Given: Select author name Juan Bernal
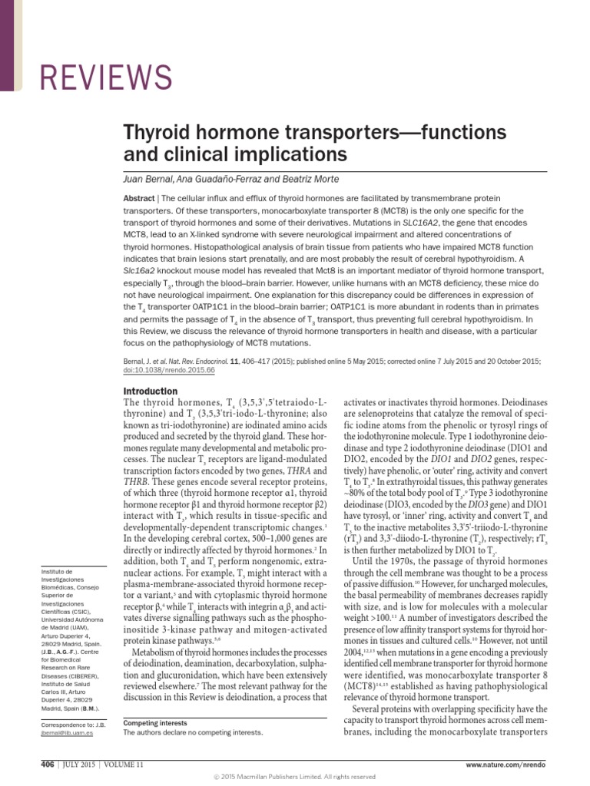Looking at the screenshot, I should pyautogui.click(x=151, y=178).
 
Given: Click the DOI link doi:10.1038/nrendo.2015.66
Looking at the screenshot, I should pyautogui.click(x=168, y=370).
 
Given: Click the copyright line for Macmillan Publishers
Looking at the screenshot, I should pyautogui.click(x=294, y=777).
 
